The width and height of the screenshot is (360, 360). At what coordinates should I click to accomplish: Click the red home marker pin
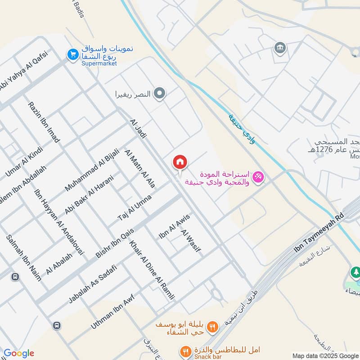[x=180, y=162]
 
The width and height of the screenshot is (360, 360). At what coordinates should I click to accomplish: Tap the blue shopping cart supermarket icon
[x=72, y=55]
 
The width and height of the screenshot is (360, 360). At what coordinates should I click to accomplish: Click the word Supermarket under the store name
[x=99, y=63]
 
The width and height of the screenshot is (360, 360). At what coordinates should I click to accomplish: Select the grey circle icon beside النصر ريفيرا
[x=159, y=94]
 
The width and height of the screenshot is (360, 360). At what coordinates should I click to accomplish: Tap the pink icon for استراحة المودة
[x=258, y=177]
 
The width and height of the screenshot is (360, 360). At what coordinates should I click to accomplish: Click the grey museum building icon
[x=280, y=47]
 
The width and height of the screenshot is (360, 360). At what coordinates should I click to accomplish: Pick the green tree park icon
[x=355, y=272]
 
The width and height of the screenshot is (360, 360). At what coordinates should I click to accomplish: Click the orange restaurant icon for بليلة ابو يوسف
[x=213, y=326]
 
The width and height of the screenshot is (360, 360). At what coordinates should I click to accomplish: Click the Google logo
[x=18, y=353]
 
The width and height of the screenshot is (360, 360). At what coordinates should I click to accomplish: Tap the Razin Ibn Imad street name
[x=43, y=122]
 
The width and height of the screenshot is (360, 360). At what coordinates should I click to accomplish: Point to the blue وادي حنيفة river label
[x=242, y=128]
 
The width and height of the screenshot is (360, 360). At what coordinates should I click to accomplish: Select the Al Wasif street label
[x=191, y=241]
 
